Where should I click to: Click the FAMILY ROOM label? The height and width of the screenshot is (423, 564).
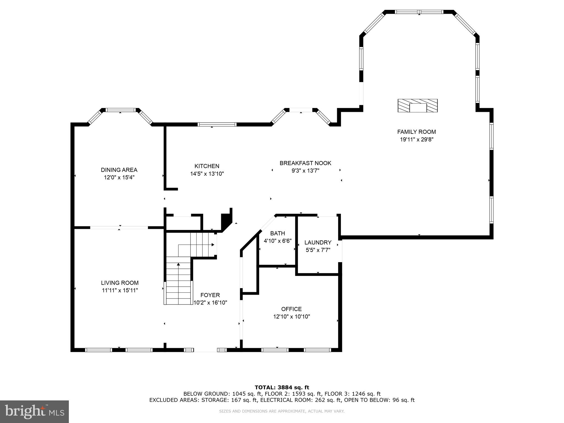[x=416, y=132]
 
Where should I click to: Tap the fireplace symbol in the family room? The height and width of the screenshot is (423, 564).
[x=417, y=106]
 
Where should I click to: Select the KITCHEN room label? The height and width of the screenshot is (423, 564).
[x=207, y=166]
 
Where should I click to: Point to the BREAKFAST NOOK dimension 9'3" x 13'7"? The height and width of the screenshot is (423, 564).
[x=305, y=171]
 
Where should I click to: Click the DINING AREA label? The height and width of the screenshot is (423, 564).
[x=119, y=170]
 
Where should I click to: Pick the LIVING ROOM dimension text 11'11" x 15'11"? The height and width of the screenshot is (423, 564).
[x=120, y=290]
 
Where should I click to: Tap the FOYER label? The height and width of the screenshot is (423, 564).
[x=210, y=295]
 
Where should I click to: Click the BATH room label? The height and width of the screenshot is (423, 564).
[x=278, y=233]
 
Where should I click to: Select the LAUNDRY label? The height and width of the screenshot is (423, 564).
[x=318, y=243]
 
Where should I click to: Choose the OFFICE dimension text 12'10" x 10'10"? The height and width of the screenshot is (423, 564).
[x=291, y=317]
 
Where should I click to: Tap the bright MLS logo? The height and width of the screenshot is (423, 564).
[x=34, y=412]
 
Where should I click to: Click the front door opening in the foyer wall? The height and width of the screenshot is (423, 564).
[x=205, y=350]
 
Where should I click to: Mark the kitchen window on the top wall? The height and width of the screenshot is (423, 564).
[x=217, y=124]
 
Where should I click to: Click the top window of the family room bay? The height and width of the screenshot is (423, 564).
[x=419, y=12]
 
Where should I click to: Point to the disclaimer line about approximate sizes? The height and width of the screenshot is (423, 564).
[x=282, y=411]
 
